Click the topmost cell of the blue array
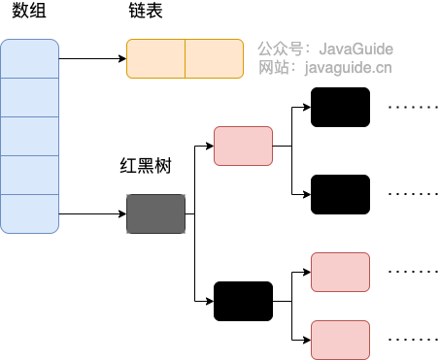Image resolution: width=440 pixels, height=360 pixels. click(30, 58)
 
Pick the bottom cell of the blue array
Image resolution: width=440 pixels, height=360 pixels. click(30, 213)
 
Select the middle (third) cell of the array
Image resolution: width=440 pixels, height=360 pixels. click(30, 136)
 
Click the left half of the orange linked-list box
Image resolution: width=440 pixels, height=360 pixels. click(155, 58)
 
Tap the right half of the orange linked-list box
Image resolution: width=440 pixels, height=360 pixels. click(214, 58)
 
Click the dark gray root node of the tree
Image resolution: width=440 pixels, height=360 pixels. click(155, 213)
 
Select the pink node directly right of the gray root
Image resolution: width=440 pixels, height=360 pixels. click(243, 146)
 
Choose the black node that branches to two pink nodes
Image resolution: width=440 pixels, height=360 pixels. click(243, 301)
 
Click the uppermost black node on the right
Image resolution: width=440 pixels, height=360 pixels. click(340, 107)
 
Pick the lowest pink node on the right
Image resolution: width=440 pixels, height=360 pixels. click(340, 340)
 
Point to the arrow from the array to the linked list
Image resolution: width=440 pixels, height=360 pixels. click(93, 58)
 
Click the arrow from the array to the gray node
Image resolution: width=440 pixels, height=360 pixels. click(93, 213)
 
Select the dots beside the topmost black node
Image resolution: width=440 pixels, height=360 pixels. click(408, 107)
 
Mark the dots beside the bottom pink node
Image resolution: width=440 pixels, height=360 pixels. click(408, 340)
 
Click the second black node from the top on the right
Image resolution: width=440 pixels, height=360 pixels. click(340, 194)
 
